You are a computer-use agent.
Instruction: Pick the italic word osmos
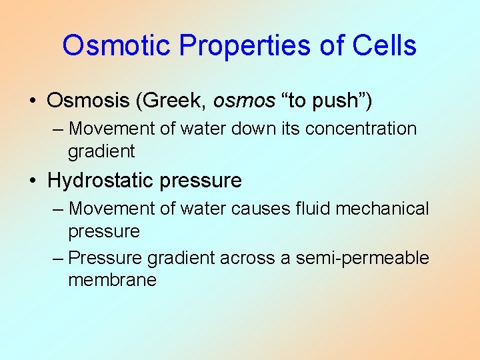244,101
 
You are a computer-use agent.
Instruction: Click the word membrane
112,280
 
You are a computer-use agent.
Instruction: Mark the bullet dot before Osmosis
33,101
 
